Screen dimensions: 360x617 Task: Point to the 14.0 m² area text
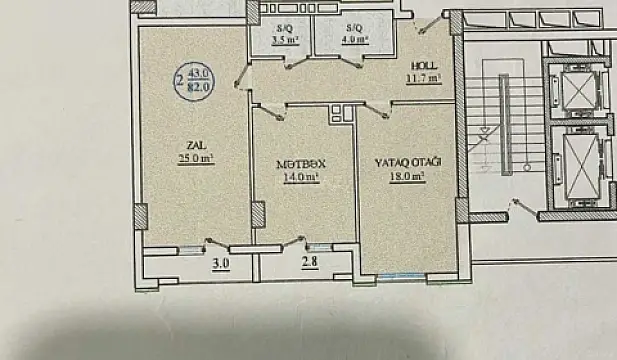coord(300,178)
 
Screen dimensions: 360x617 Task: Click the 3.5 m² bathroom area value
coord(285,41)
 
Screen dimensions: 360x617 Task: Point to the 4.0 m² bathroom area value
coord(355,41)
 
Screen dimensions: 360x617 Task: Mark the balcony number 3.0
coord(220,265)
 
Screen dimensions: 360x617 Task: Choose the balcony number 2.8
coord(309,265)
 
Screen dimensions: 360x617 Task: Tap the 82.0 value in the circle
coord(197,87)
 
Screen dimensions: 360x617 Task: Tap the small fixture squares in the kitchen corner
coord(338,113)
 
